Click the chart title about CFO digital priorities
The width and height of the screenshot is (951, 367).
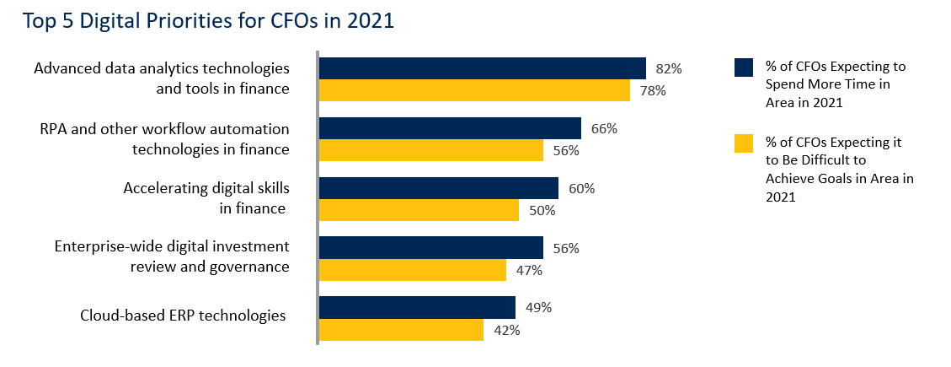pos(209,20)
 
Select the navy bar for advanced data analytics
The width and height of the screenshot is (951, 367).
pos(482,68)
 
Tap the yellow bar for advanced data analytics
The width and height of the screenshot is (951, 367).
pos(473,90)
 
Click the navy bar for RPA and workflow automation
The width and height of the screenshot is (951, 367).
pos(450,128)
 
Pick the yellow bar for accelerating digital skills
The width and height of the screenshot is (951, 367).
pos(419,210)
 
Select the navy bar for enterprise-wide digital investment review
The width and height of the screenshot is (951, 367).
pos(430,248)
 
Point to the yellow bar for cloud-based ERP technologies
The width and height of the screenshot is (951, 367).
pos(401,330)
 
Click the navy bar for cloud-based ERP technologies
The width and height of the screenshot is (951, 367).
pos(417,308)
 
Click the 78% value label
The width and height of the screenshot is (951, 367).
pos(653,91)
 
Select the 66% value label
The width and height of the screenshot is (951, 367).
pos(604,129)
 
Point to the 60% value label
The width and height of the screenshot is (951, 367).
pos(581,189)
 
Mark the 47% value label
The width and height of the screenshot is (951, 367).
pos(529,271)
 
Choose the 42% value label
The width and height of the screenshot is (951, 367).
pos(506,331)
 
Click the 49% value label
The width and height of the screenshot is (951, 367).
pos(538,308)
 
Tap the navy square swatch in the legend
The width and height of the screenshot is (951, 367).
pos(743,67)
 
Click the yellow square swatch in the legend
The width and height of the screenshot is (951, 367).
pos(743,143)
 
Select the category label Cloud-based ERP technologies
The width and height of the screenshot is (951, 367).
pos(183,316)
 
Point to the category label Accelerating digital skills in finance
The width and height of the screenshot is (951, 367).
pos(206,197)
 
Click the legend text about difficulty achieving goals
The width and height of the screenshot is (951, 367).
pos(839,169)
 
